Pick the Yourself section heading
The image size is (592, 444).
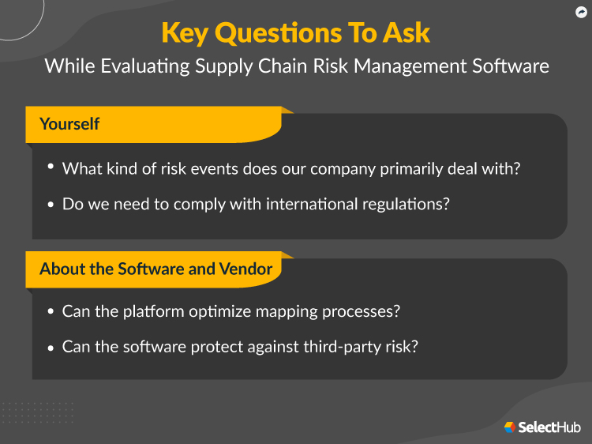(x=69, y=124)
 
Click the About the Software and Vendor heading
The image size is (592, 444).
(x=155, y=269)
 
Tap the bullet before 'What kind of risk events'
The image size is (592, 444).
(x=51, y=167)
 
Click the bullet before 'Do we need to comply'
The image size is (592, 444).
(x=51, y=204)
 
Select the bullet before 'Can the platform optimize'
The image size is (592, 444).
(x=51, y=311)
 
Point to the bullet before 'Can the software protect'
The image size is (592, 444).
(x=51, y=347)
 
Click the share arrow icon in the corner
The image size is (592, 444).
(x=581, y=11)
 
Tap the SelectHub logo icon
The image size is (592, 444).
(x=510, y=427)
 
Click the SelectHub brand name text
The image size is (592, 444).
(x=549, y=427)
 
